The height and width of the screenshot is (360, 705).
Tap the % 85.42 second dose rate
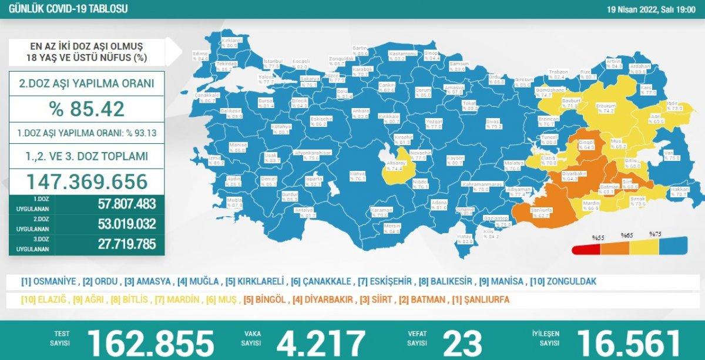click(87, 109)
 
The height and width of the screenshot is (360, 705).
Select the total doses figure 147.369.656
click(87, 181)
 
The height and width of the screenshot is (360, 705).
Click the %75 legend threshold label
click(655, 234)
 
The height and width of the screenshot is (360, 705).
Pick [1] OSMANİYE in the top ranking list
click(49, 281)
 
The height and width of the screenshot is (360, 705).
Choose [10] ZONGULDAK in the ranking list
click(563, 281)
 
